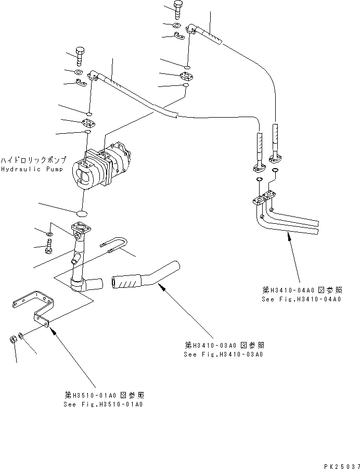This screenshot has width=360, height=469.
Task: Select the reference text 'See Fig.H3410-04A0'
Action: (301, 299)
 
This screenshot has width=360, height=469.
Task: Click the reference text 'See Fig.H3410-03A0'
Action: (223, 354)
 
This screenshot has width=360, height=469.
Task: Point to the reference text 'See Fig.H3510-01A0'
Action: (103, 404)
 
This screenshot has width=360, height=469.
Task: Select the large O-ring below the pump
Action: (82, 213)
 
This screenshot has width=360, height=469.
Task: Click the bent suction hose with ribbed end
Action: (144, 276)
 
